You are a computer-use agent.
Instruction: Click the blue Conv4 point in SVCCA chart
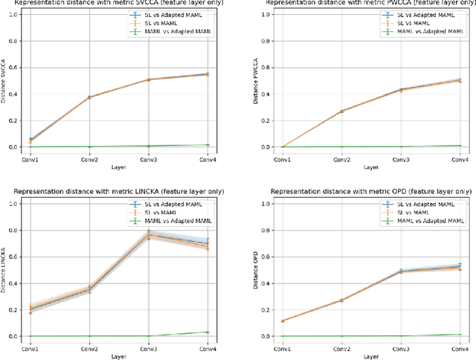[207, 74]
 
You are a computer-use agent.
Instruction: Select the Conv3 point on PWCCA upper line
[400, 90]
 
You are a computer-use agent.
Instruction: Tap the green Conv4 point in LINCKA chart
[207, 332]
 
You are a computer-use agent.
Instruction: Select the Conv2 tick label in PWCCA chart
[341, 160]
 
